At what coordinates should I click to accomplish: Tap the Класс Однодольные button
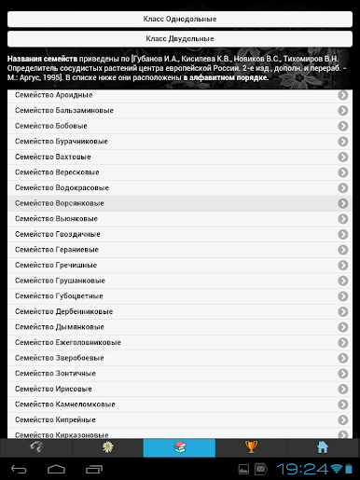(179, 19)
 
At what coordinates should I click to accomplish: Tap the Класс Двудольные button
(179, 38)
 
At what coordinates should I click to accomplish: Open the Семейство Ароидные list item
(53, 96)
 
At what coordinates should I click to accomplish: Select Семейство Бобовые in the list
(52, 126)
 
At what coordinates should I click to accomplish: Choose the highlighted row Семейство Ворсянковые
(60, 202)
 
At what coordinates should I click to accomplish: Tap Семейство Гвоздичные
(57, 233)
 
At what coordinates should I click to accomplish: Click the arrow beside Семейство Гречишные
(343, 264)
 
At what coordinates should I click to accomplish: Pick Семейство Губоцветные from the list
(59, 295)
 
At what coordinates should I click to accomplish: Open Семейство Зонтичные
(54, 372)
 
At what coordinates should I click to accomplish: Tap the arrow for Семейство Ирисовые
(343, 388)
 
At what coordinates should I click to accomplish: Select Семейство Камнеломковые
(64, 404)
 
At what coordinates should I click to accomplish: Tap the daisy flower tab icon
(107, 446)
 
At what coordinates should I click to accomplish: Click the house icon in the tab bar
(323, 446)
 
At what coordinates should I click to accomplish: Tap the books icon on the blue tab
(179, 446)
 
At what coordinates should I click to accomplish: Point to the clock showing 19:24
(304, 469)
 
